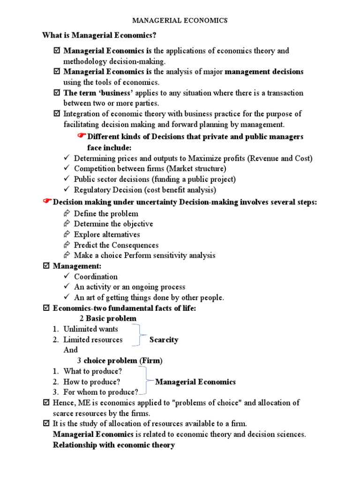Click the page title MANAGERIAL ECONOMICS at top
pyautogui.click(x=180, y=20)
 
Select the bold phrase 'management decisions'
pyautogui.click(x=264, y=72)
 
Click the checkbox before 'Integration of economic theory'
pyautogui.click(x=57, y=114)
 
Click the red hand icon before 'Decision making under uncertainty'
pyautogui.click(x=46, y=201)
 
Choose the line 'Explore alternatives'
pyautogui.click(x=107, y=234)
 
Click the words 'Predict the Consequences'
pyautogui.click(x=116, y=245)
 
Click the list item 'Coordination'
pyautogui.click(x=96, y=277)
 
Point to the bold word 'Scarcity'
pyautogui.click(x=164, y=340)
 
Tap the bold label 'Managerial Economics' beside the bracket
pyautogui.click(x=195, y=382)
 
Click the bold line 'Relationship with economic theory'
pyautogui.click(x=114, y=445)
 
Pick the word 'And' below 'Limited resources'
pyautogui.click(x=70, y=350)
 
